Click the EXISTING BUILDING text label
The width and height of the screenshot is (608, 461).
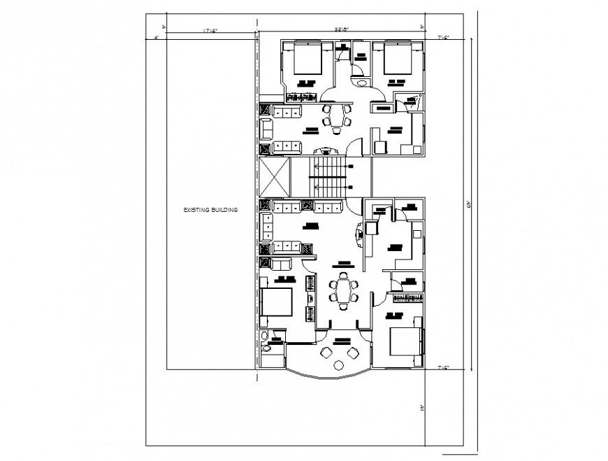211,210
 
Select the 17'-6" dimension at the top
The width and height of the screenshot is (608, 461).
210,31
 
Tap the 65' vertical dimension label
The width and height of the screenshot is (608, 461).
468,204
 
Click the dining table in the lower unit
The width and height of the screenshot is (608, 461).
343,289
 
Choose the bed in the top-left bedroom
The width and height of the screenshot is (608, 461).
305,59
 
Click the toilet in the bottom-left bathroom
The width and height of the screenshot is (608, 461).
266,348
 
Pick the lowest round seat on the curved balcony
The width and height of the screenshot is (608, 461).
338,365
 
